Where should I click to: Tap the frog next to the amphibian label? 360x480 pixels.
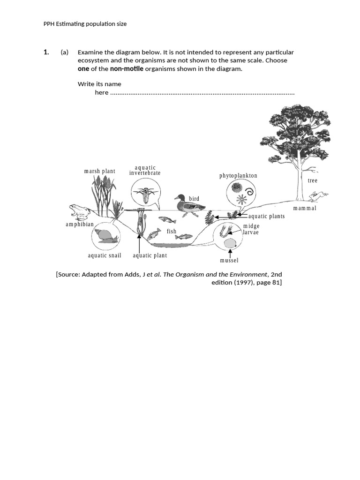[79, 212]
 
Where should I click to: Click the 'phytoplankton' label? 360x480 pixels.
[238, 176]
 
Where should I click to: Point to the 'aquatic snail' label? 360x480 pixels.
[105, 255]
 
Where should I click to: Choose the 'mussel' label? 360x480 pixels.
[229, 260]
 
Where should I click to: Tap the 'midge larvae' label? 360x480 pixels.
[251, 229]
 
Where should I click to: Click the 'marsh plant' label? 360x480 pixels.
[99, 171]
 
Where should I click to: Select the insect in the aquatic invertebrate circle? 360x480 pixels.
[145, 194]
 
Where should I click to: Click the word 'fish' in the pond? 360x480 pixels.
[172, 231]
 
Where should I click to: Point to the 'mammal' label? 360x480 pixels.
[305, 208]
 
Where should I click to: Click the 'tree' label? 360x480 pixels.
[312, 180]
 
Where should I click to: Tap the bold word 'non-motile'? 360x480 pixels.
[127, 69]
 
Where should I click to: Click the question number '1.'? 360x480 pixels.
[46, 52]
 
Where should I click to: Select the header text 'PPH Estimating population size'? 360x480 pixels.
[85, 24]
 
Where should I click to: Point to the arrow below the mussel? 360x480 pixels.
[230, 252]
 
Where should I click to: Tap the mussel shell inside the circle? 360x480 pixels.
[229, 243]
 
